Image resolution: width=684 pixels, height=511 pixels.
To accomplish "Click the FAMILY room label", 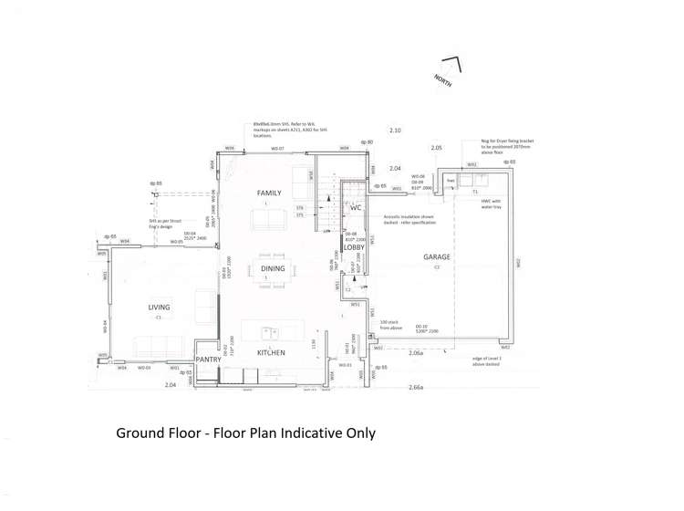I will pyautogui.click(x=269, y=193).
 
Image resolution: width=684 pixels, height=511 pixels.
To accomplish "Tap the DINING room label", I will pyautogui.click(x=273, y=269).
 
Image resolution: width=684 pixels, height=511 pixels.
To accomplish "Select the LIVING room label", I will pyautogui.click(x=159, y=308).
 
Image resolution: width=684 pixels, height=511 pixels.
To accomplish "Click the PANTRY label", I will pyautogui.click(x=209, y=360).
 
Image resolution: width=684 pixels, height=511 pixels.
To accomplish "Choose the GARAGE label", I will pyautogui.click(x=437, y=257).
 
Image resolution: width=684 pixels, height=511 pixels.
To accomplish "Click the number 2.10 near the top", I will pyautogui.click(x=395, y=130).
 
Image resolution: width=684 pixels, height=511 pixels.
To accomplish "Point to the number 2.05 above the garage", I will pyautogui.click(x=437, y=148).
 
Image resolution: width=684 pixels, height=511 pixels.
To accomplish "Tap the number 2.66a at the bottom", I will pyautogui.click(x=416, y=388).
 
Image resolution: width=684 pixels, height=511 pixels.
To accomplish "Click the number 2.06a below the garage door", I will pyautogui.click(x=416, y=353).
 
